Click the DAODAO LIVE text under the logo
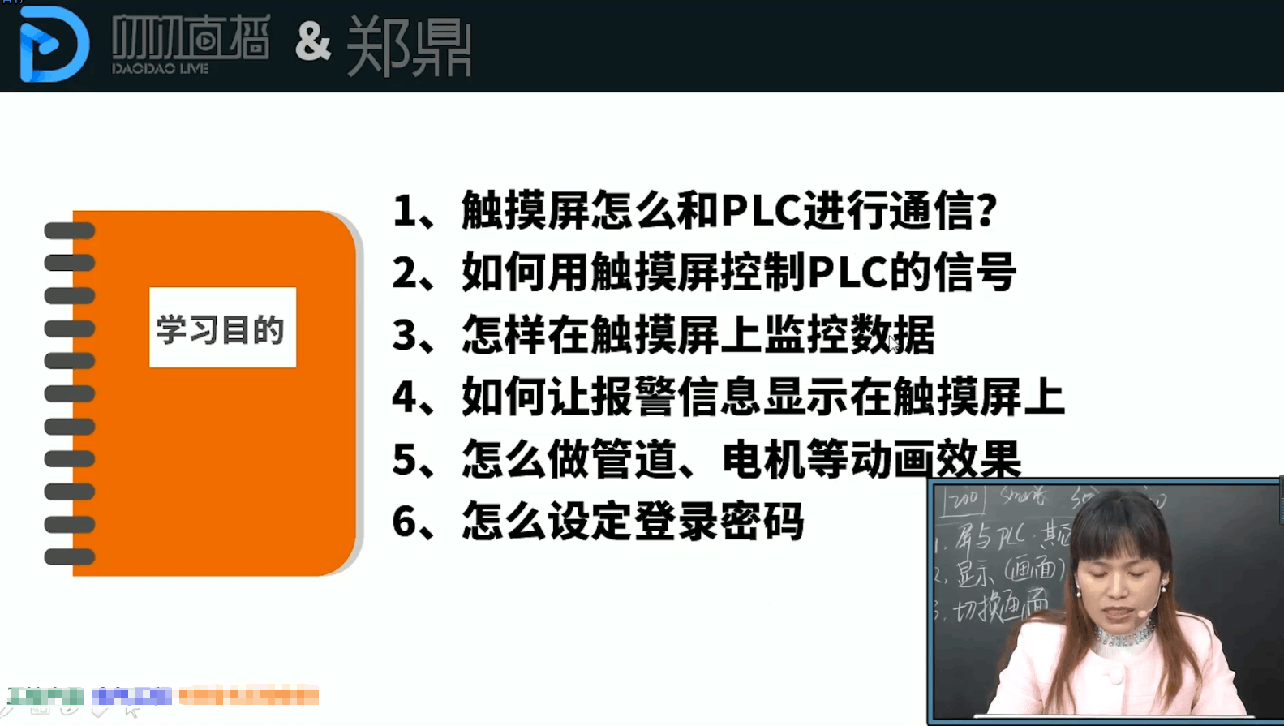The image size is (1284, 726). [x=161, y=69]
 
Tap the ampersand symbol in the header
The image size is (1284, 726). [x=313, y=42]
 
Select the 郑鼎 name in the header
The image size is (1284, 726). [x=409, y=47]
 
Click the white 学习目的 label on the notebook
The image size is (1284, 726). [x=222, y=328]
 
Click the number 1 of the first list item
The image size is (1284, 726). [x=404, y=211]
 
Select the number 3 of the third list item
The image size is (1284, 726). [x=404, y=335]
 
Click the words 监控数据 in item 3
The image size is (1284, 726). [x=849, y=335]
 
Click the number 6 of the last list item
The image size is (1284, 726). [x=404, y=522]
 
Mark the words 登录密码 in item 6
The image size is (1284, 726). [x=719, y=522]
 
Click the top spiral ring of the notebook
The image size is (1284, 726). [x=70, y=231]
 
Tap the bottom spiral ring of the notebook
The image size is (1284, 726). [x=70, y=556]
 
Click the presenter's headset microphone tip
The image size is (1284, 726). [x=1143, y=614]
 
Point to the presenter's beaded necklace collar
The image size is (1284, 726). [x=1123, y=632]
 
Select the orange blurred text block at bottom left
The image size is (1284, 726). [x=248, y=696]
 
